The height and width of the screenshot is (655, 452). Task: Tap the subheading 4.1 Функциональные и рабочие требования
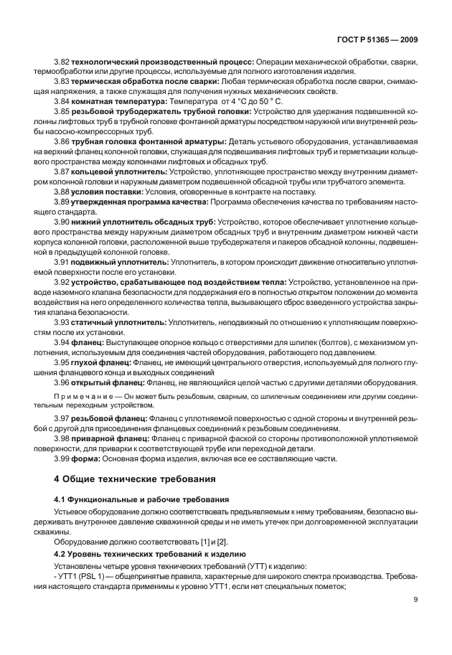click(x=141, y=499)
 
